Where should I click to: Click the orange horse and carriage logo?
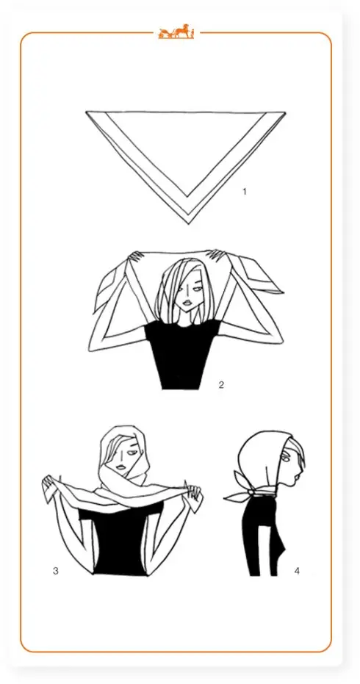(176, 32)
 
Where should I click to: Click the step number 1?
(245, 192)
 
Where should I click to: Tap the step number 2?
(221, 385)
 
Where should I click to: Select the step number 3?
(55, 571)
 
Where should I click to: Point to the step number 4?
(297, 571)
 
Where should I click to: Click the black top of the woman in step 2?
(181, 353)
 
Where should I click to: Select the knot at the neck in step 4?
(251, 492)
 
